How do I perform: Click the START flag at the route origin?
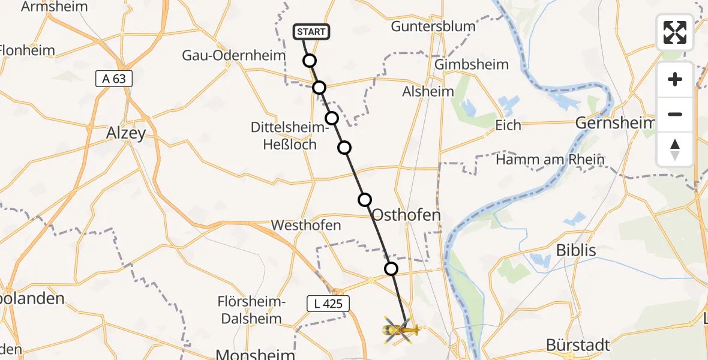[311, 32]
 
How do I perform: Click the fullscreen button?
[675, 32]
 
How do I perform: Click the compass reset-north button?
[675, 149]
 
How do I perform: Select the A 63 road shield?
[113, 79]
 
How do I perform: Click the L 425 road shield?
[328, 304]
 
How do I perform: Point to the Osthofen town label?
[407, 215]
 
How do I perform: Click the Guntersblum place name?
[433, 26]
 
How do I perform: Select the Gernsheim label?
[614, 123]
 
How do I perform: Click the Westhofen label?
[306, 226]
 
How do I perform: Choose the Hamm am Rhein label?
[550, 160]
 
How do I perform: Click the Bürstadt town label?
[578, 345]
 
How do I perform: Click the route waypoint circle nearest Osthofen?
[364, 200]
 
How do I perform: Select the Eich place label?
[508, 125]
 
